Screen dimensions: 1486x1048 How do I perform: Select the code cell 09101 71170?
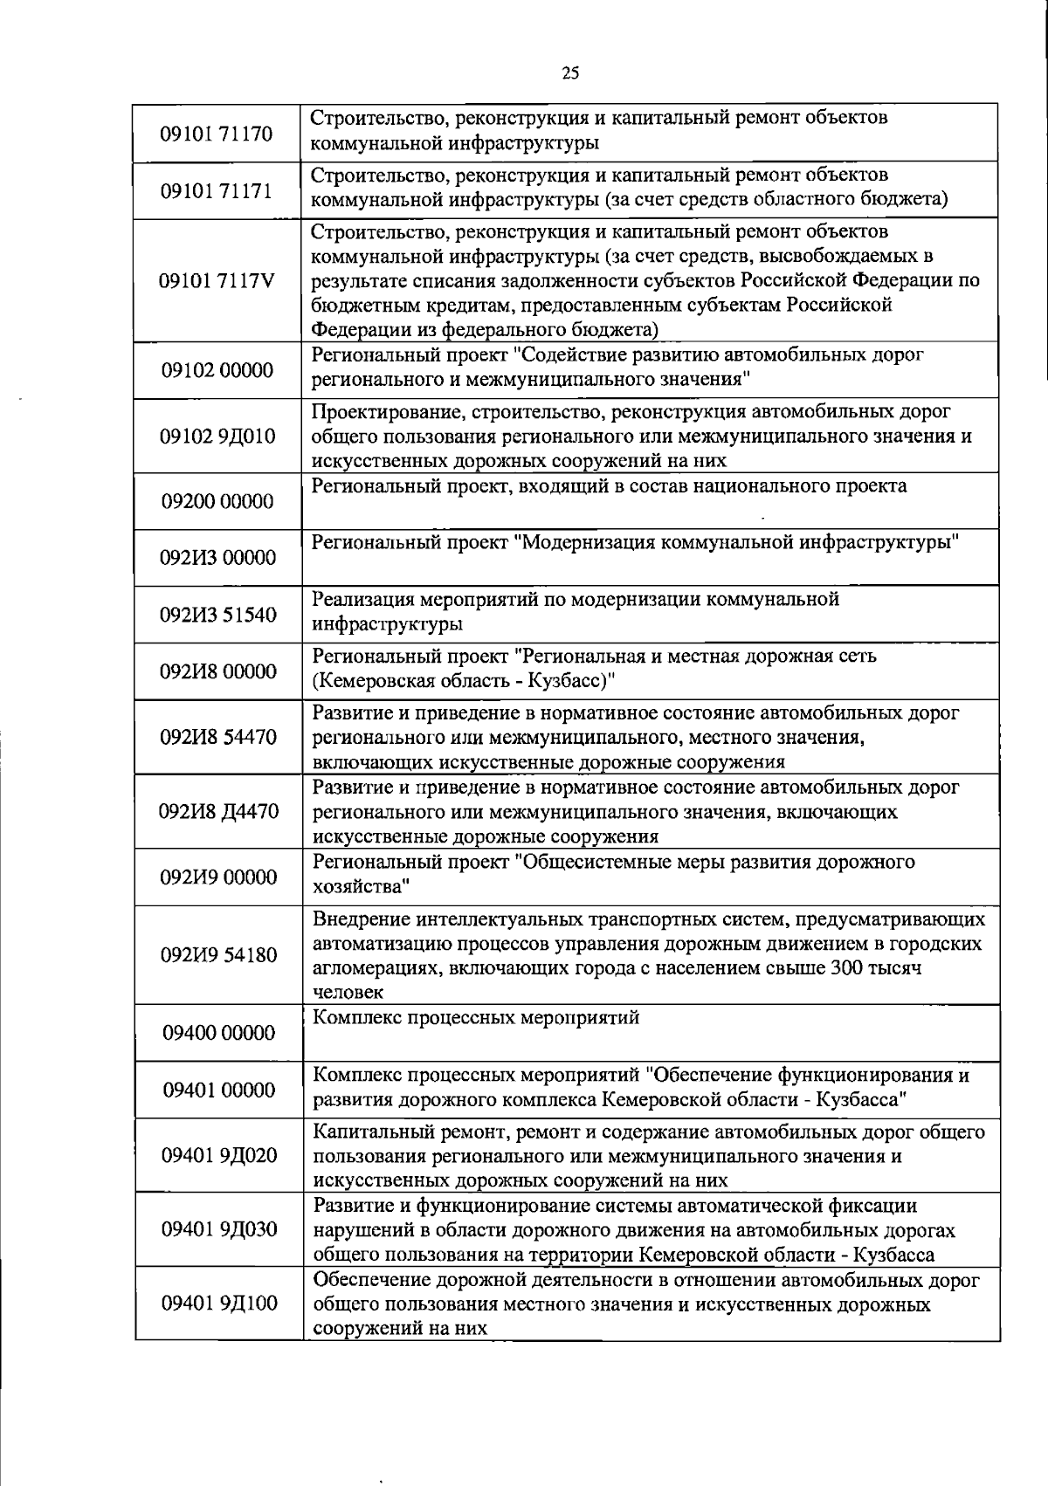pos(217,134)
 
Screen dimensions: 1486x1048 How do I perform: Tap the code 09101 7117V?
pos(217,281)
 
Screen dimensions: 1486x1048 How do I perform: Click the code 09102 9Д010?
pos(217,437)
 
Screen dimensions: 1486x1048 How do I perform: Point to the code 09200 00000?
pos(217,502)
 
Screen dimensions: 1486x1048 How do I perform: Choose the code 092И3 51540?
pos(217,616)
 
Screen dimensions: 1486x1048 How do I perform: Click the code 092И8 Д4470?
pos(218,812)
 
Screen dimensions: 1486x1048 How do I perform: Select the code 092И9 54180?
pos(218,955)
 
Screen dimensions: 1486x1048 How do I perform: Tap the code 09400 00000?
pos(218,1034)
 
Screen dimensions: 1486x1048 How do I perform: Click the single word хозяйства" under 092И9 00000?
pos(362,887)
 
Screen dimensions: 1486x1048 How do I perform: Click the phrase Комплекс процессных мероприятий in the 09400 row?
pos(476,1018)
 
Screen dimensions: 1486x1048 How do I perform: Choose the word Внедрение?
pos(362,919)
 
